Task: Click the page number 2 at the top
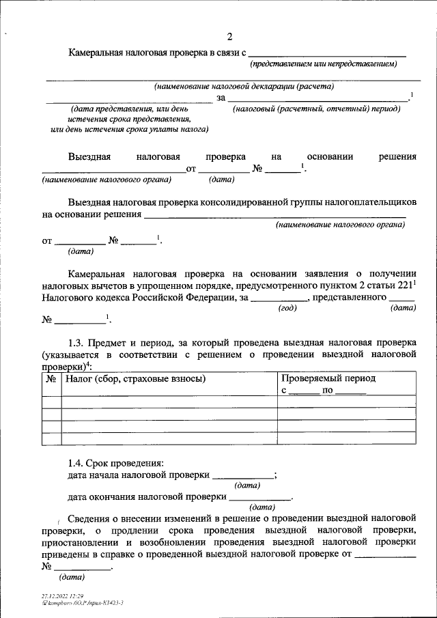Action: [x=229, y=36]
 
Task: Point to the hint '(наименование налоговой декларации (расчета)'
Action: [x=244, y=87]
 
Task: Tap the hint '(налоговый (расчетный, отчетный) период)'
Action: [x=316, y=109]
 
